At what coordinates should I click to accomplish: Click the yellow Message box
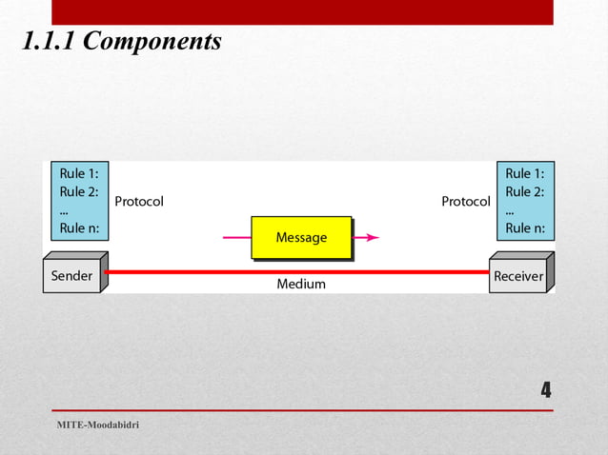[x=301, y=237]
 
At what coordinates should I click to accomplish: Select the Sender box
[x=71, y=276]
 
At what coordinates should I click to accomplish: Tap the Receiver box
[x=517, y=277]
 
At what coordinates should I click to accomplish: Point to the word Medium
[x=301, y=284]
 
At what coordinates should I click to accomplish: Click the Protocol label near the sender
[x=139, y=202]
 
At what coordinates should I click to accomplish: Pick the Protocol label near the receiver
[x=466, y=202]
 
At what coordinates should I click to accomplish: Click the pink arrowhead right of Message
[x=373, y=237]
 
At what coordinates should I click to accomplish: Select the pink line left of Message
[x=236, y=237]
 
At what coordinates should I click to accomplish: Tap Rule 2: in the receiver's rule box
[x=525, y=191]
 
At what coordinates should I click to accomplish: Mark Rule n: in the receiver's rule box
[x=525, y=227]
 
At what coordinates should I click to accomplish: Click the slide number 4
[x=546, y=390]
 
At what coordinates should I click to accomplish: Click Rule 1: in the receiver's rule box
[x=525, y=174]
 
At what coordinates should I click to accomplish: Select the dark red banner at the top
[x=302, y=11]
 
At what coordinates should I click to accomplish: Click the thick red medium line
[x=191, y=271]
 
